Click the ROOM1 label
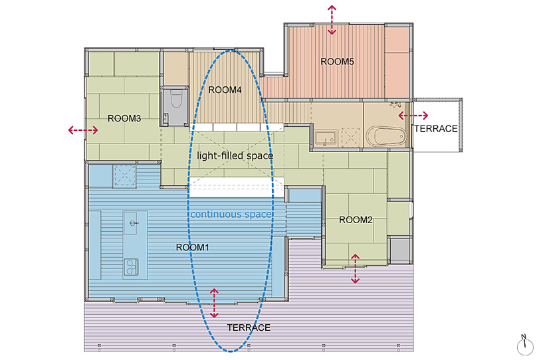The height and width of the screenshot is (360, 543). (193, 248)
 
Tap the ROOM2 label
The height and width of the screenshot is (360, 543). (356, 220)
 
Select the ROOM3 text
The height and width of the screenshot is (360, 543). (124, 118)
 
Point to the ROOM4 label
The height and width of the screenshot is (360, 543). (225, 90)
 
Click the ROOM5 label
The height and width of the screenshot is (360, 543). (337, 62)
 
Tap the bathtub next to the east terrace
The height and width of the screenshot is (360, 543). (386, 136)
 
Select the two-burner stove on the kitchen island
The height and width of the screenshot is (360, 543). (131, 267)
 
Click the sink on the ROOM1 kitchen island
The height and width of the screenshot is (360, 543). (133, 223)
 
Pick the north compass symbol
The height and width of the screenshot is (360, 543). (525, 345)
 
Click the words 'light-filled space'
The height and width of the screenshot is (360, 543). (235, 156)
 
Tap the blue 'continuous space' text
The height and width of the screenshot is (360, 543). (231, 215)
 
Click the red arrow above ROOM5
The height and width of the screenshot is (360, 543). (332, 20)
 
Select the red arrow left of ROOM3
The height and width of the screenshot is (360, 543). (83, 130)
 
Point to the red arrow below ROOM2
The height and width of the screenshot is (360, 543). (356, 268)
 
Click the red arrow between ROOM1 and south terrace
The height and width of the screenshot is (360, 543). (214, 304)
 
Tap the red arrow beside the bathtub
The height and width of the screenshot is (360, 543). (413, 116)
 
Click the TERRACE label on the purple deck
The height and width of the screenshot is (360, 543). (249, 327)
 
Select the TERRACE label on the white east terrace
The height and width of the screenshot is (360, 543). (436, 129)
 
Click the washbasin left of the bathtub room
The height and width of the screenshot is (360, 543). (326, 137)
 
